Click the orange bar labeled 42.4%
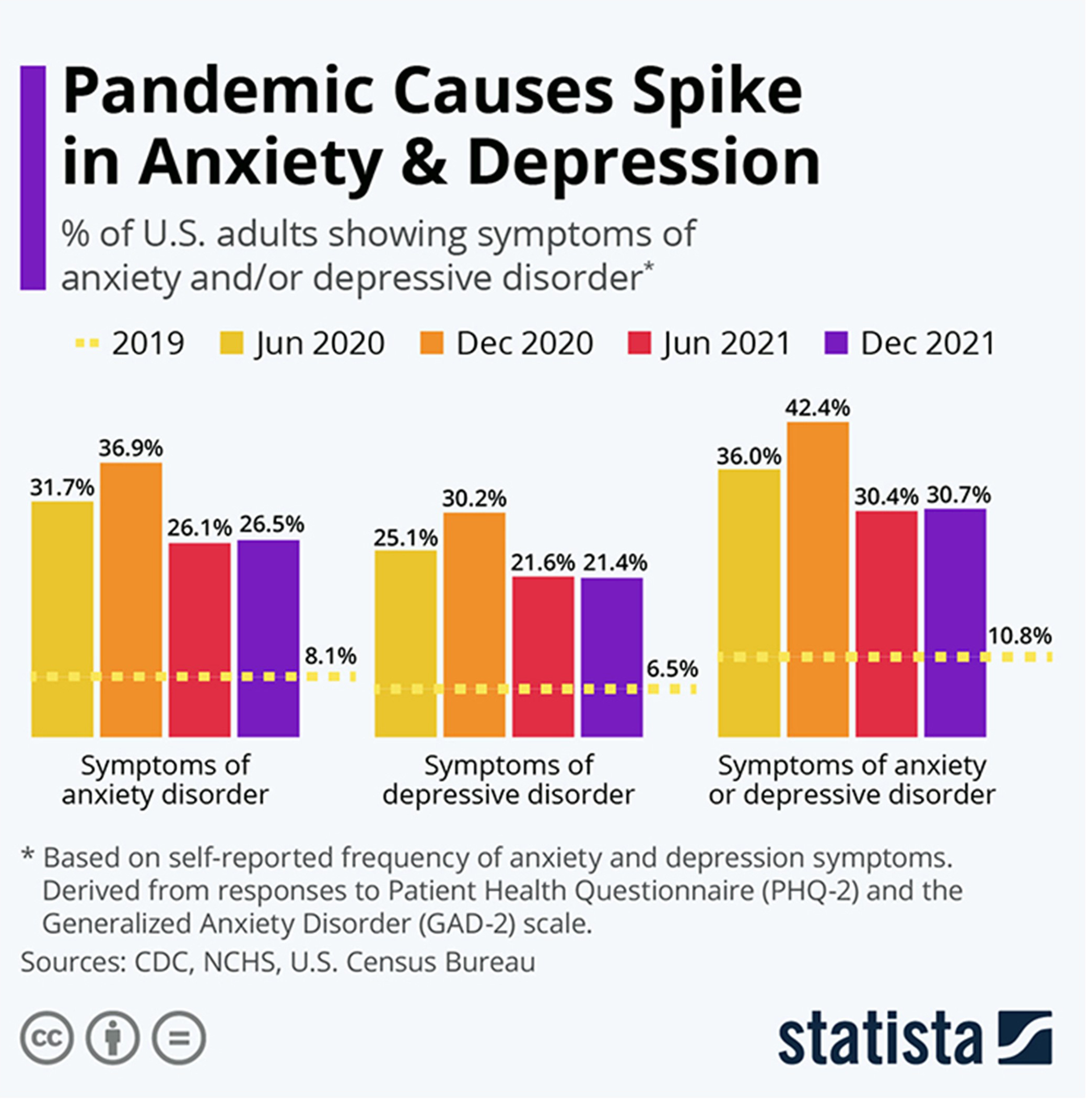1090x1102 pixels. coord(817,579)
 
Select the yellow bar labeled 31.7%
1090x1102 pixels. coord(62,619)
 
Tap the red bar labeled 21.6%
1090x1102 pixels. coord(543,656)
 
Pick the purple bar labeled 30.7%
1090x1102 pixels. coord(955,622)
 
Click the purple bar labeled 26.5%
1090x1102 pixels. coord(268,637)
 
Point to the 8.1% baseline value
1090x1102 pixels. coord(330,656)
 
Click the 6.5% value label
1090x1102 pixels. coord(672,668)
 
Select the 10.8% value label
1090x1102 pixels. coord(1019,635)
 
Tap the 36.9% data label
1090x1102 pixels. coord(131,448)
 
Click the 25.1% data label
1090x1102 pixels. coord(405,537)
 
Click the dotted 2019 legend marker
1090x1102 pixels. coord(87,343)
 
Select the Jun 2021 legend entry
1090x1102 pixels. coord(710,343)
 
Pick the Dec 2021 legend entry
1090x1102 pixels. coord(910,343)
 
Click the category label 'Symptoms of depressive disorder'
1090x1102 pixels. coord(508,780)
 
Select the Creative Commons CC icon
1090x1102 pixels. coord(47,1038)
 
